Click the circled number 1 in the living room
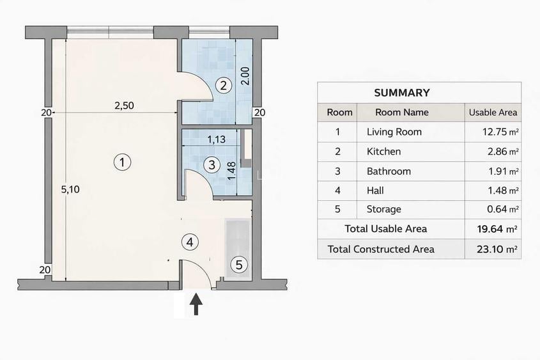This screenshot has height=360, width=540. pyautogui.click(x=122, y=162)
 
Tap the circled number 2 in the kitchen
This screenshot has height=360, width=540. pyautogui.click(x=224, y=85)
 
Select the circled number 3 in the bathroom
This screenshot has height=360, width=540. pyautogui.click(x=212, y=165)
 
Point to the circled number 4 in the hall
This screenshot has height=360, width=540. pyautogui.click(x=190, y=242)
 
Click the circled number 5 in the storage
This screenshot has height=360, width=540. pyautogui.click(x=239, y=265)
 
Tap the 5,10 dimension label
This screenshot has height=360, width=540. pyautogui.click(x=70, y=189)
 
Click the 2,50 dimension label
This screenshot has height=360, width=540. pyautogui.click(x=124, y=106)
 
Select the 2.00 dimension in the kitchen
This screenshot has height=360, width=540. pyautogui.click(x=245, y=76)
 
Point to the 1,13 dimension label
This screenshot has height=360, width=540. pyautogui.click(x=216, y=139)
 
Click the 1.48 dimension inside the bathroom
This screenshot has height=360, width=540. pyautogui.click(x=232, y=171)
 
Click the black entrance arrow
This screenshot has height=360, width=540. pyautogui.click(x=196, y=304)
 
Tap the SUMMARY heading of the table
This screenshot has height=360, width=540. pyautogui.click(x=402, y=93)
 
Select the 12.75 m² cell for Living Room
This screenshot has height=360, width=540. pyautogui.click(x=501, y=132)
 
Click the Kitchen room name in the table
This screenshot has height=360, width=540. pyautogui.click(x=383, y=152)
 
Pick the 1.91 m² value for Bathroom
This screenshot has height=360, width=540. pyautogui.click(x=504, y=171)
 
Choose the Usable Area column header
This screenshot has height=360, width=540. pyautogui.click(x=493, y=113)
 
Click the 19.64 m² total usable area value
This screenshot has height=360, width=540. pyautogui.click(x=497, y=229)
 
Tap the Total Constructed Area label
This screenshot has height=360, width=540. pyautogui.click(x=381, y=249)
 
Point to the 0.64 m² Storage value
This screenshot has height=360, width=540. pyautogui.click(x=503, y=209)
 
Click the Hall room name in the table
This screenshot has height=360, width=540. pyautogui.click(x=375, y=191)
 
